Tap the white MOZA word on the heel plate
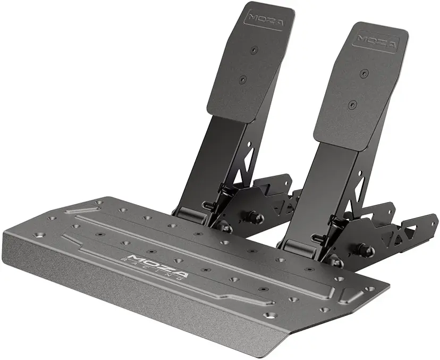point(158,265)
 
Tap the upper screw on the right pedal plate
point(364,73)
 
